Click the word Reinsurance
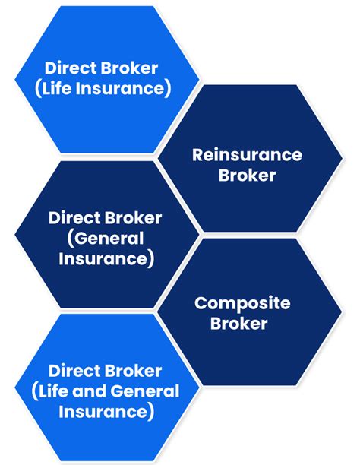(247, 155)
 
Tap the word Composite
(242, 303)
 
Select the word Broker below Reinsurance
(247, 176)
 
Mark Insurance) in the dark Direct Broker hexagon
(105, 259)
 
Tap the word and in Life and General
(87, 392)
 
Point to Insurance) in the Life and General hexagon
(105, 413)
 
